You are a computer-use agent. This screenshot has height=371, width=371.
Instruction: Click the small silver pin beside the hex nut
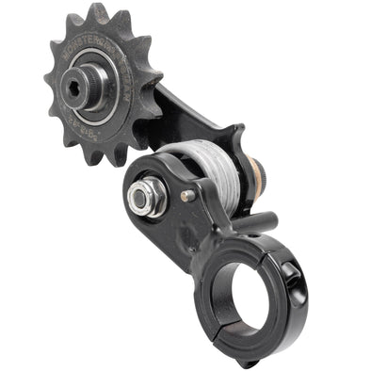(x=186, y=196)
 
